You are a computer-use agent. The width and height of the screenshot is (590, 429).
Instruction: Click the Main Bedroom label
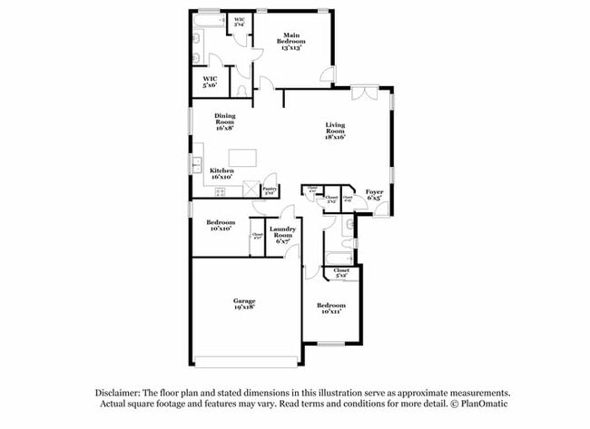tap(291, 42)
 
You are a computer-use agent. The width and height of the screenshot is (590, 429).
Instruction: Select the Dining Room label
tap(225, 122)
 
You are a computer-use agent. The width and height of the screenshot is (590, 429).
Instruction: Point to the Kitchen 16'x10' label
tap(223, 174)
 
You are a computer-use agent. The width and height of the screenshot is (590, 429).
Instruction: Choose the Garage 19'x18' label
tap(243, 303)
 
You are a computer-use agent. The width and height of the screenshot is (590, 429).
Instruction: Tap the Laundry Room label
tap(282, 234)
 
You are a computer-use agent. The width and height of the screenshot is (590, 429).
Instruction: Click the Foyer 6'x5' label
tap(374, 194)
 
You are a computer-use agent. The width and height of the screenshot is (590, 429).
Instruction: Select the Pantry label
tap(269, 190)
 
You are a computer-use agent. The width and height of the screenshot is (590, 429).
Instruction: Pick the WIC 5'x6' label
tap(210, 82)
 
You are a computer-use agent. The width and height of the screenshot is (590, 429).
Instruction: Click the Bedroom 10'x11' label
tap(331, 308)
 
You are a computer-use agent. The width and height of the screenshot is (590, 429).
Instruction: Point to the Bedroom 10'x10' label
tap(221, 225)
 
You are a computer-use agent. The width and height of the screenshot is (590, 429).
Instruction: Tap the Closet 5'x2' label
tap(341, 272)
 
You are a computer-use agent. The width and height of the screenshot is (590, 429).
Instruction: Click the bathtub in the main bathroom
tap(210, 19)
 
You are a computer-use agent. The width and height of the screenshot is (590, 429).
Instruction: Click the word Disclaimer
tap(122, 392)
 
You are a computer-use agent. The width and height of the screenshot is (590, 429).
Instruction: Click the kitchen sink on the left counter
tap(196, 164)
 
